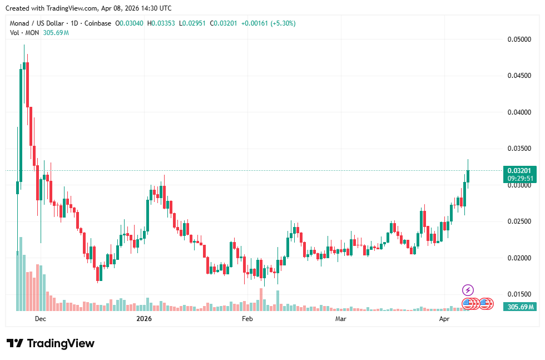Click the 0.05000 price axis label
519,40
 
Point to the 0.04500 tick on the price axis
519,76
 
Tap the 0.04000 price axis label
519,112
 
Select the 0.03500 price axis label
519,149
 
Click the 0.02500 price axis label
519,221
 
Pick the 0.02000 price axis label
519,258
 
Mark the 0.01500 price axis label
519,294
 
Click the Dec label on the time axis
40,319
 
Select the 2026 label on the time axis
144,319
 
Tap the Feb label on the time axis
247,319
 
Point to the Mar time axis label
341,319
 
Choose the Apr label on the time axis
444,319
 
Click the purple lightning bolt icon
468,290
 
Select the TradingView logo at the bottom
50,343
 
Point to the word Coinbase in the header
98,23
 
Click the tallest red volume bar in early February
260,299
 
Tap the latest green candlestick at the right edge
468,176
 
